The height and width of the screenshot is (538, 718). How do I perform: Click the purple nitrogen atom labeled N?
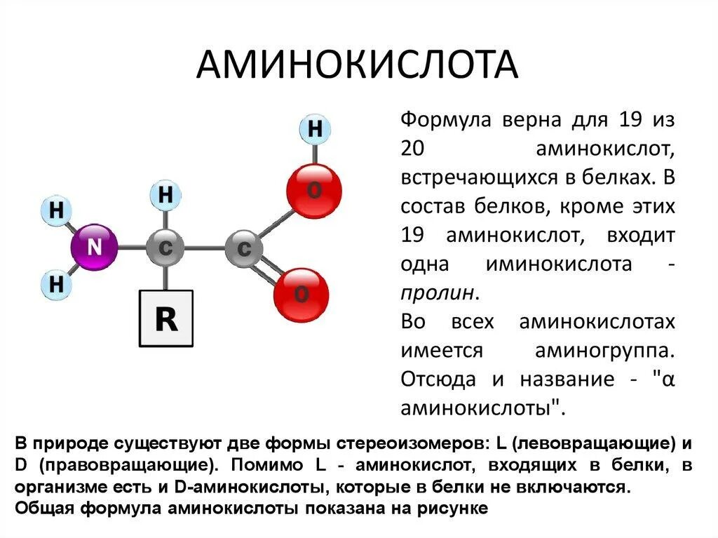pyautogui.click(x=94, y=248)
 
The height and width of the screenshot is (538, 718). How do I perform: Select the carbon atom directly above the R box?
pyautogui.click(x=165, y=248)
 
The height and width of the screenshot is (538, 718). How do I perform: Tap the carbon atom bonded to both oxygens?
pyautogui.click(x=244, y=249)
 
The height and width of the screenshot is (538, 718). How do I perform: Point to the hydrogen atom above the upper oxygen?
pyautogui.click(x=316, y=130)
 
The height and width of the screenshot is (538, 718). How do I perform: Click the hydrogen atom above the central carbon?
pyautogui.click(x=165, y=195)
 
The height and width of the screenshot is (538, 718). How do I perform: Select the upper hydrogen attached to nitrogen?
pyautogui.click(x=57, y=210)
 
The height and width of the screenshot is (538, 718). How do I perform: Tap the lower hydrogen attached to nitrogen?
pyautogui.click(x=57, y=285)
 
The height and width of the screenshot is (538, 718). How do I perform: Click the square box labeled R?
pyautogui.click(x=166, y=320)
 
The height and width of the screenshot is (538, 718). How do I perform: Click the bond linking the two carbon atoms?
pyautogui.click(x=205, y=248)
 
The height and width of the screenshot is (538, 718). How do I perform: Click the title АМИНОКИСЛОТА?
pyautogui.click(x=357, y=65)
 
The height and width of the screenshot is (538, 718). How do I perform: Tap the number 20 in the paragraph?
pyautogui.click(x=414, y=149)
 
